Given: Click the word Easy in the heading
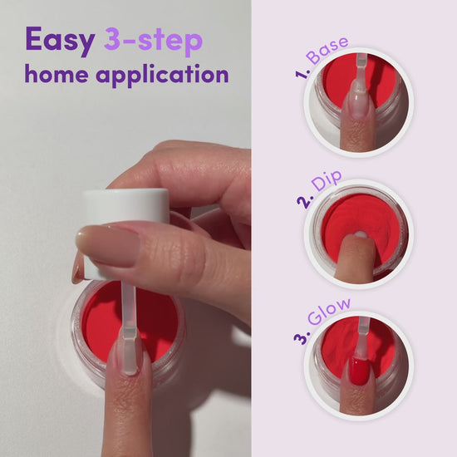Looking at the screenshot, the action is [x=60, y=41].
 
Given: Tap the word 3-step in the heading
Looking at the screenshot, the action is [x=154, y=41].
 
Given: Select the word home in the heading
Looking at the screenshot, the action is [x=57, y=73].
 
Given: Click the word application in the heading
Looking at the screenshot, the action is [x=162, y=75].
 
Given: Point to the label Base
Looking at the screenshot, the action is [x=327, y=50].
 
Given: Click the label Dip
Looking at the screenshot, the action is [x=327, y=180].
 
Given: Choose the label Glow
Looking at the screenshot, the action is [x=329, y=312].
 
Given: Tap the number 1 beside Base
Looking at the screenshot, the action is [x=302, y=73].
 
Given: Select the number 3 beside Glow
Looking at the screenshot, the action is [x=302, y=337].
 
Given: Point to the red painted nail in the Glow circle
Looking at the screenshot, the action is [x=359, y=371].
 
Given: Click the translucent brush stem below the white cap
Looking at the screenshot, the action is [x=129, y=306].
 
